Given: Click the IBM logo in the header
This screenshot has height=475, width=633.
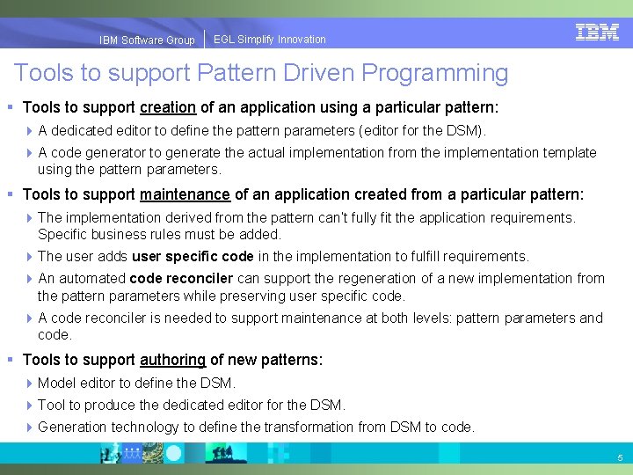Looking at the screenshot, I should click(x=597, y=33).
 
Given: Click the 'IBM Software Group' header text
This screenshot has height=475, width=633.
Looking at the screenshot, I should click(x=147, y=40).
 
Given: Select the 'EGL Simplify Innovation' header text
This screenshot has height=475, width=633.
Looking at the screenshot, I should click(x=270, y=40).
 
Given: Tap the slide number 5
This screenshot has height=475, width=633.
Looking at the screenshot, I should click(x=620, y=458).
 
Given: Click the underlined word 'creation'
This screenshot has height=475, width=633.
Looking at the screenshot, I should click(x=167, y=108).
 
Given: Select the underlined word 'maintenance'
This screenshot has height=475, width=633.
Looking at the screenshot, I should click(x=185, y=194).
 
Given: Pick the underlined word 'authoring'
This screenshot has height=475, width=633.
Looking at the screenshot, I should click(x=172, y=360).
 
